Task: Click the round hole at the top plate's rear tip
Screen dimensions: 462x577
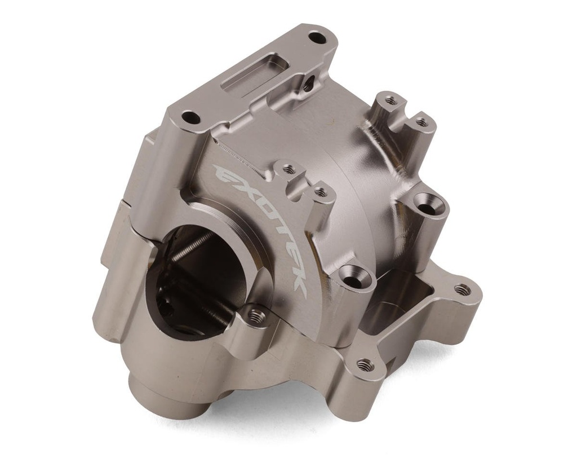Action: point(318,39)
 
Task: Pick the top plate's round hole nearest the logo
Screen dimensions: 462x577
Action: point(191,118)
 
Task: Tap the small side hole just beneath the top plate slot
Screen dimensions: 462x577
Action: point(308,86)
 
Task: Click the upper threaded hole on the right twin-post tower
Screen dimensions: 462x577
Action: point(390,101)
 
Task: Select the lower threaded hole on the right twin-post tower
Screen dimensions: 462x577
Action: point(420,121)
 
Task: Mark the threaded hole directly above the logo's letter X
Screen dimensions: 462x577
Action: point(288,169)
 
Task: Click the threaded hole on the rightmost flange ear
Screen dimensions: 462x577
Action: point(462,289)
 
